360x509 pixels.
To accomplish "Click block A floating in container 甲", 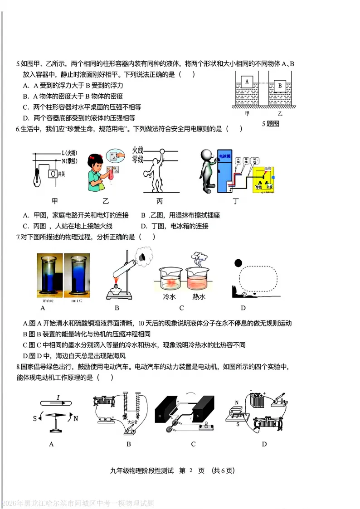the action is [x=247, y=82].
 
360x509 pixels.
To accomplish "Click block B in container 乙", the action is [x=280, y=85].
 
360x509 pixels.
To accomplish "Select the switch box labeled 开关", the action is [x=53, y=174].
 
